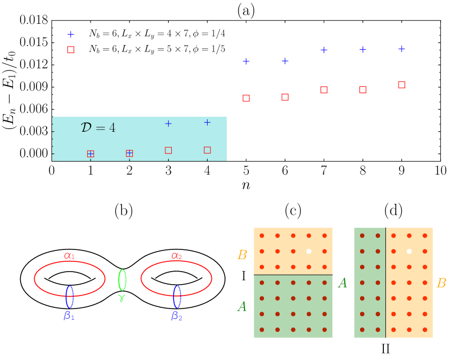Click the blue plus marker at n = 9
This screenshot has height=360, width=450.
402,49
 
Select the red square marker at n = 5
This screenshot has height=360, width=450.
246,98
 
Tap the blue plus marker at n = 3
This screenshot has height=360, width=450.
168,124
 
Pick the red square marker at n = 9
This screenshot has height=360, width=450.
402,85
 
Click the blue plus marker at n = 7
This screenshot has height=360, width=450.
324,50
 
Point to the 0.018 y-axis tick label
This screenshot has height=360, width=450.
34,21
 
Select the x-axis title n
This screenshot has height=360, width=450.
246,185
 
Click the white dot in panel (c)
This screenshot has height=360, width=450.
308,251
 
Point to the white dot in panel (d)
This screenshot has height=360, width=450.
409,251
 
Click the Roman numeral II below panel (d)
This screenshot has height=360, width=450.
385,348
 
